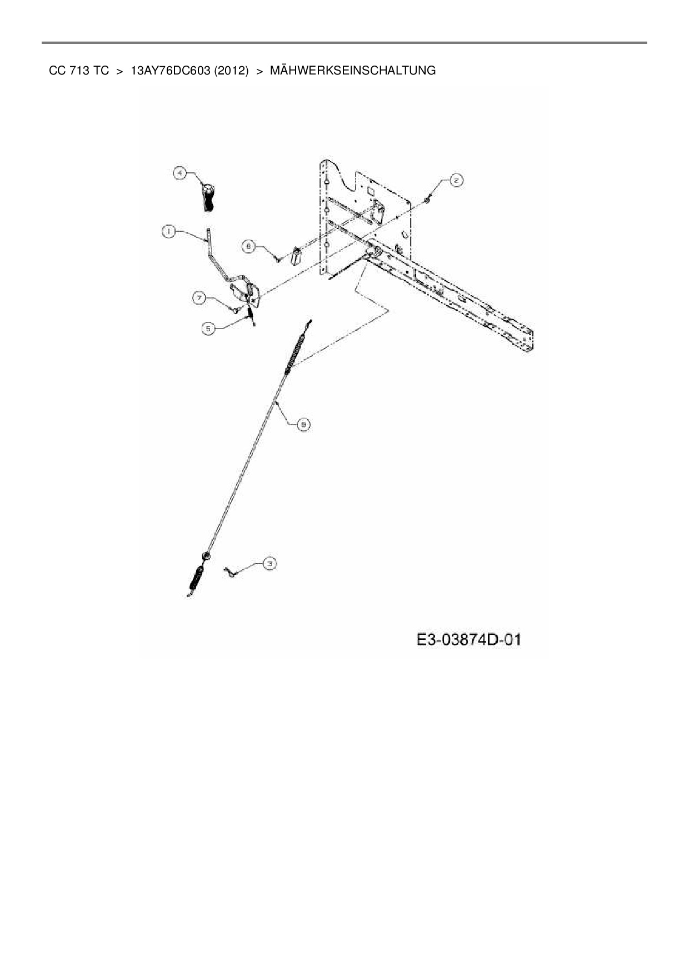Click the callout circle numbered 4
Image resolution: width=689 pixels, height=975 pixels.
(179, 173)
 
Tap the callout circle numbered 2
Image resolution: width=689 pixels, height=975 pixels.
(455, 180)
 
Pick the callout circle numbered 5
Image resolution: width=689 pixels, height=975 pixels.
(208, 329)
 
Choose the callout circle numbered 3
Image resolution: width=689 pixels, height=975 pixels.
(269, 564)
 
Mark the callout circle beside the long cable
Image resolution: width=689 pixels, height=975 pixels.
(303, 425)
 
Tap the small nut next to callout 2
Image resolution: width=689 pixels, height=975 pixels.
(428, 198)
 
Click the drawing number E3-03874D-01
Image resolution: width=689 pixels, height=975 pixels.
(469, 640)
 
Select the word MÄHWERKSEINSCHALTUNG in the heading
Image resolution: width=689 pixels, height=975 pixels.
(352, 71)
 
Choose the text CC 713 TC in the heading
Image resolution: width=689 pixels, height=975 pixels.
(79, 71)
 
